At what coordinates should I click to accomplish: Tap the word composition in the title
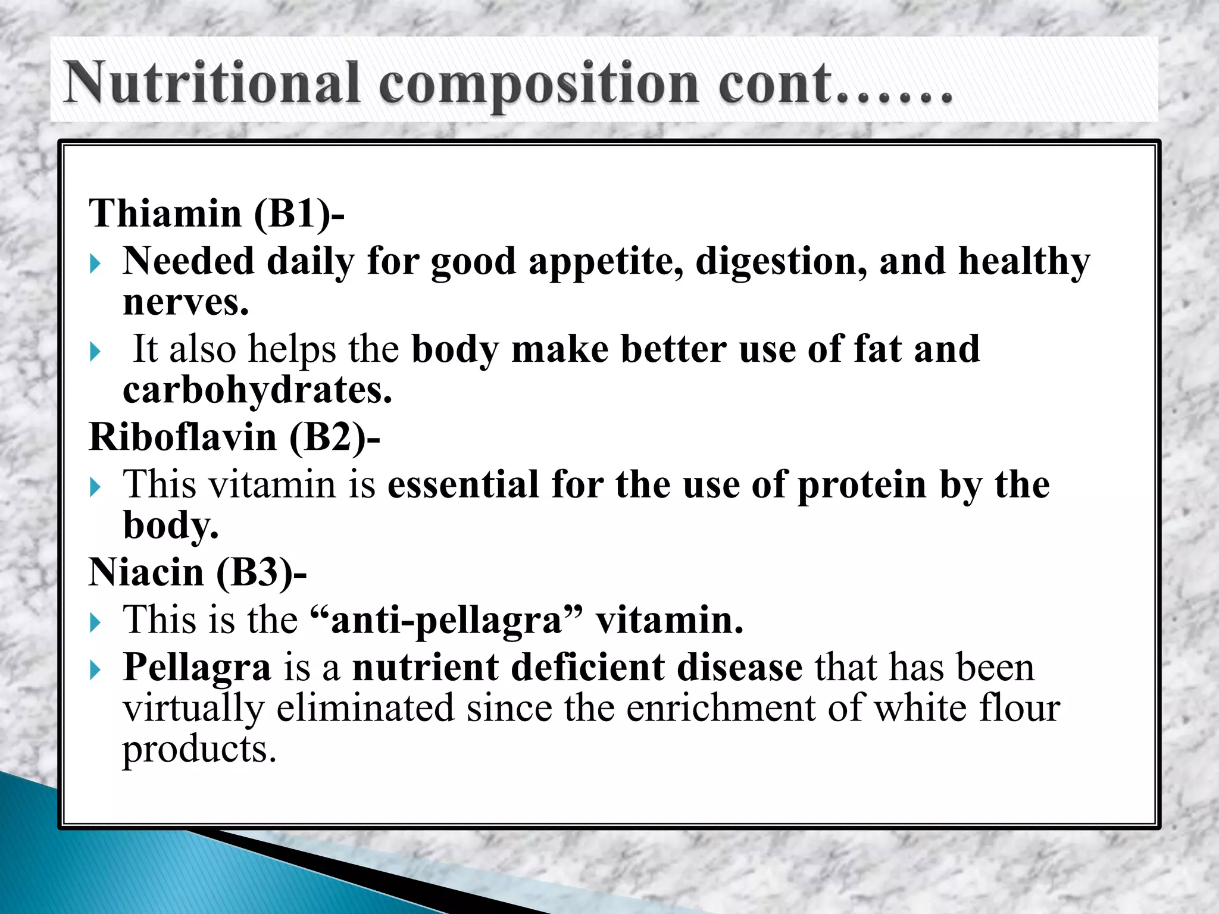pos(538,84)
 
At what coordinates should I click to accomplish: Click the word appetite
pos(605,262)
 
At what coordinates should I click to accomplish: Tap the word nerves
pos(186,302)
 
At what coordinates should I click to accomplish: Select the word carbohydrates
pos(257,390)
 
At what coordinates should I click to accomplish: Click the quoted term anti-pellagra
pos(446,621)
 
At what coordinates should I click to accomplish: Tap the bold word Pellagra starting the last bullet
pos(196,668)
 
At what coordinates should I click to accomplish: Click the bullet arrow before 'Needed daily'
pos(95,263)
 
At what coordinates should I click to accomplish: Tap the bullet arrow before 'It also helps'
pos(95,351)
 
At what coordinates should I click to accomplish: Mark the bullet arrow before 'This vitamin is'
pos(95,487)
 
